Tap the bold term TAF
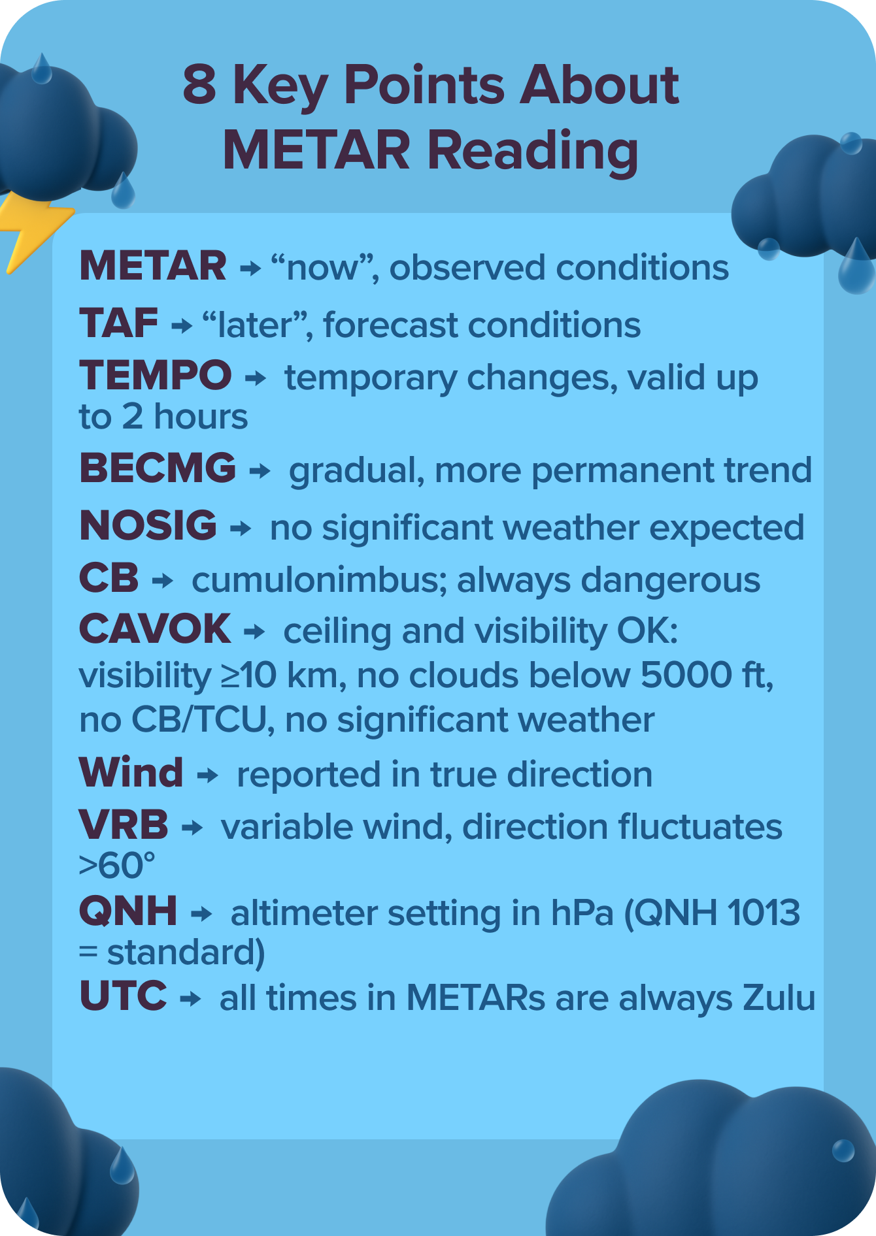coord(118,323)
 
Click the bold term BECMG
coord(157,468)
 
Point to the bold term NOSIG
coord(148,526)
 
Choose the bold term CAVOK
coord(154,629)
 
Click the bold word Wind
coord(131,773)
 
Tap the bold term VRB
coord(124,825)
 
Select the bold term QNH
coord(127,911)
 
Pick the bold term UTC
coord(123,996)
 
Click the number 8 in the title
coord(199,85)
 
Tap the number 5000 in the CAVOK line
coord(686,675)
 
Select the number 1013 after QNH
coord(763,913)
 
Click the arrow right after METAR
coord(250,268)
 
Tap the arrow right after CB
coord(162,580)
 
